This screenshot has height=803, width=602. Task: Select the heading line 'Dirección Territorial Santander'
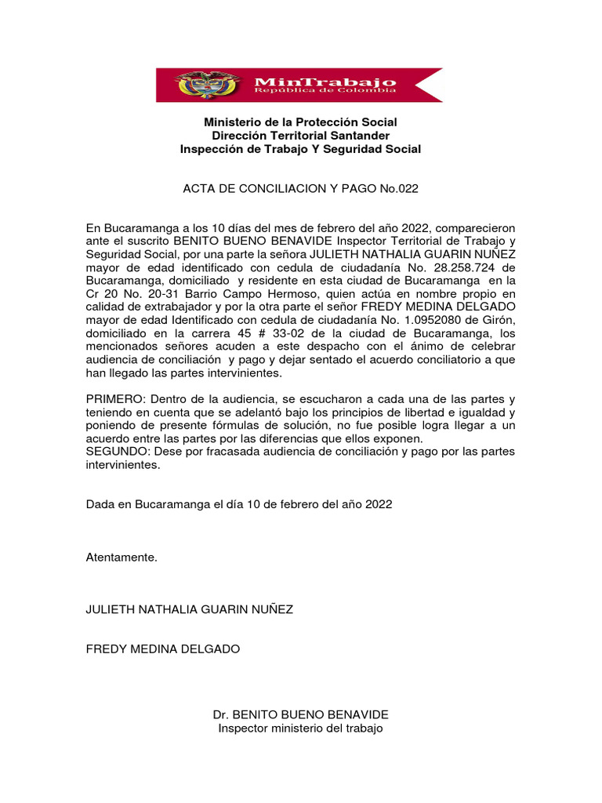(300, 136)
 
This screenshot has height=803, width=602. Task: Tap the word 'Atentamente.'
(121, 558)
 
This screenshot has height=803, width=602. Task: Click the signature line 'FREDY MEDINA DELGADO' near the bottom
(163, 649)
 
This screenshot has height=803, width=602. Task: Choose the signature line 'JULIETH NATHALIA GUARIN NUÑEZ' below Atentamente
(190, 609)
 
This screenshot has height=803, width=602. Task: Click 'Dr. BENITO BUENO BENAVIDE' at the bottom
(300, 715)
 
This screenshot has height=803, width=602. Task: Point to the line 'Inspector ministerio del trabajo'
(300, 729)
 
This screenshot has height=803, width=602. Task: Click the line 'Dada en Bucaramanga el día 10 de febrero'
(239, 504)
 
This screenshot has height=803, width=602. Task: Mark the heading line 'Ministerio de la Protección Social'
(300, 122)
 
